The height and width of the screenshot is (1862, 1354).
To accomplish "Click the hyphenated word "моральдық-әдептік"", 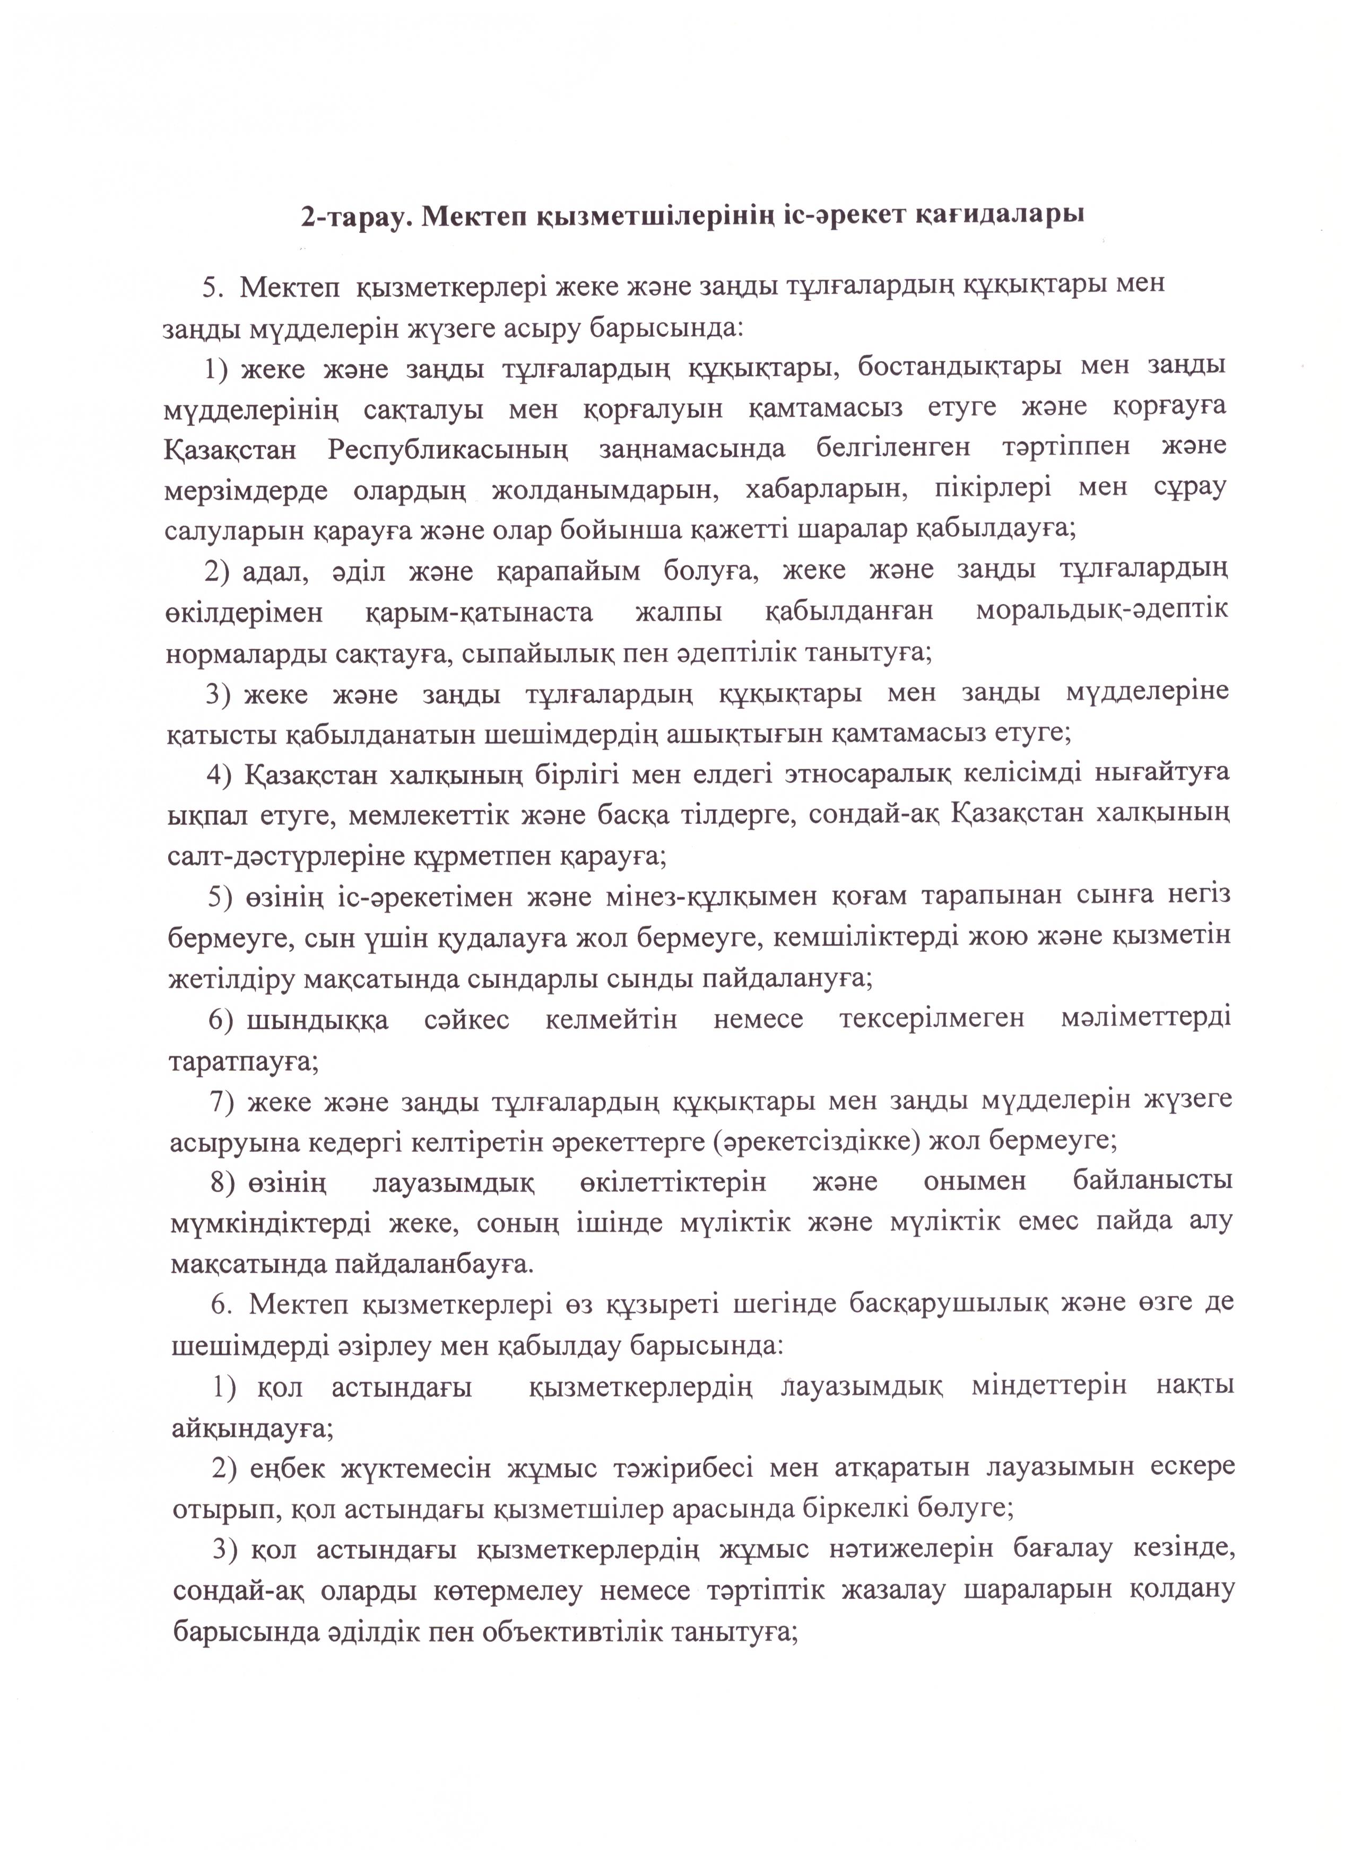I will (x=1102, y=612).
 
